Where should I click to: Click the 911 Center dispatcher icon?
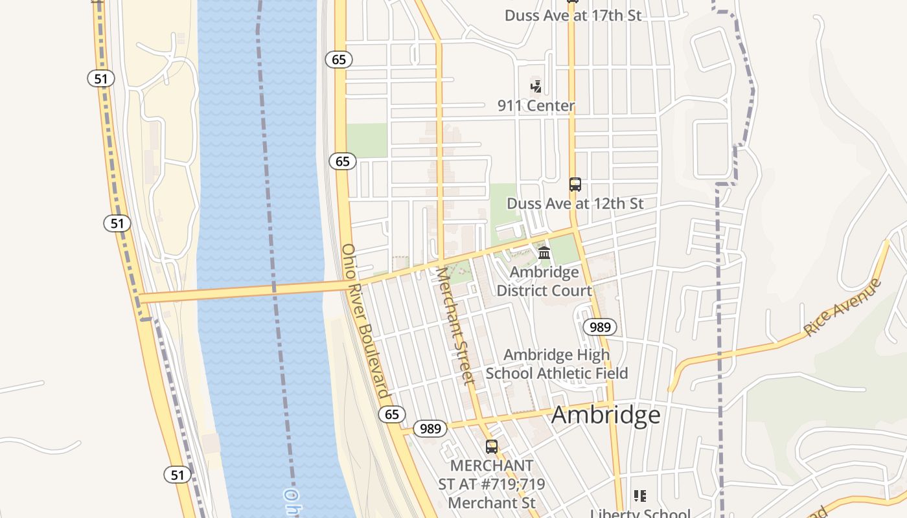point(536,85)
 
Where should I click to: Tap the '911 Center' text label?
point(536,106)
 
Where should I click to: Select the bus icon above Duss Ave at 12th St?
point(575,185)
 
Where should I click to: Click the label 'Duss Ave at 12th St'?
point(575,203)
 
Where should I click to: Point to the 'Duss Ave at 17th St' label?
point(573,16)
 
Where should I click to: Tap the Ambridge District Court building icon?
point(544,253)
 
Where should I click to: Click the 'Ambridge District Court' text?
point(544,282)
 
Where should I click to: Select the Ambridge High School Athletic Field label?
point(557,364)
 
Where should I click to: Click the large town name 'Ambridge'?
point(606,415)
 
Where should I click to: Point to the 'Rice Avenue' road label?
point(842,307)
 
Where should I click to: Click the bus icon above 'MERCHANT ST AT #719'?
point(492,446)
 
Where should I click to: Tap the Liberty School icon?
point(640,497)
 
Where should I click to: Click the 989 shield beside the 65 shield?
point(430,428)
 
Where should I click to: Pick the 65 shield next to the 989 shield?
point(392,414)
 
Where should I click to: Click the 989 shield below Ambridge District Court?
point(600,327)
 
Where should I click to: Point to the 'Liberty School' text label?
point(640,513)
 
